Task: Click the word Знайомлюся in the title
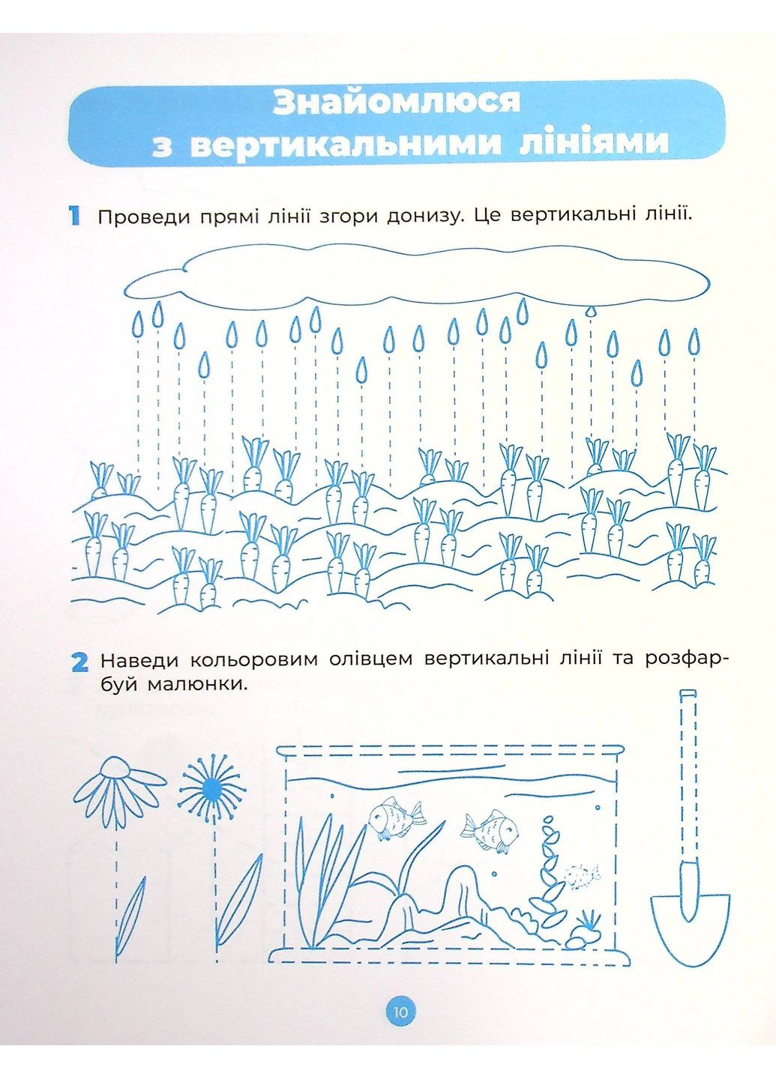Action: pos(396,102)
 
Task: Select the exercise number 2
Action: pos(79,662)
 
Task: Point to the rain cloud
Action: pos(416,276)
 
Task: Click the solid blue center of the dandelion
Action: pos(211,788)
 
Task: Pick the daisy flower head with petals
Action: pos(116,787)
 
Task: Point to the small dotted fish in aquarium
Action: pos(581,874)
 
